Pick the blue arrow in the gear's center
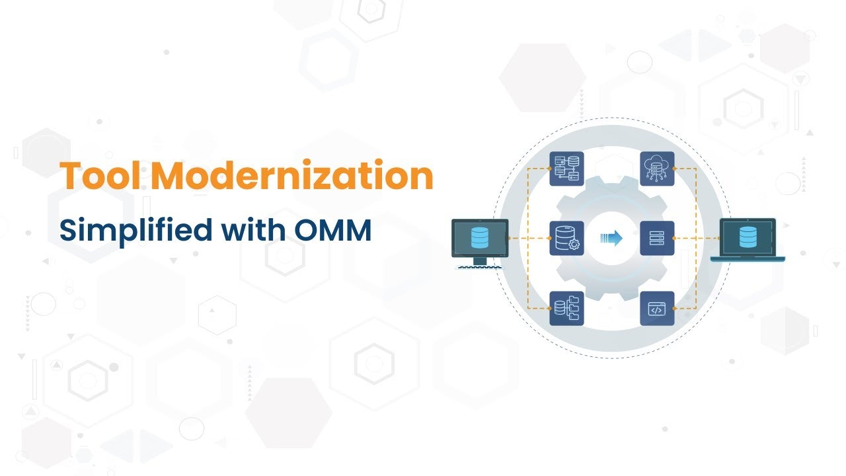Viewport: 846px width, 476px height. point(612,239)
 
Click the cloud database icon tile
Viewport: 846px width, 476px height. point(657,169)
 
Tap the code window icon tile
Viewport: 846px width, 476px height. point(657,308)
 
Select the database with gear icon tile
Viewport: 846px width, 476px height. point(566,239)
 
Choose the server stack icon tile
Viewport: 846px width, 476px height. point(657,239)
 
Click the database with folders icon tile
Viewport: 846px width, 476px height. point(566,308)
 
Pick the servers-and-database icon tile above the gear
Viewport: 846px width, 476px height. point(566,169)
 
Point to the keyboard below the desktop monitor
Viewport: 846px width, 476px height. point(480,268)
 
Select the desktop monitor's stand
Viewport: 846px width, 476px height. point(480,260)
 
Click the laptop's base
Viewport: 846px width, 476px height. point(748,258)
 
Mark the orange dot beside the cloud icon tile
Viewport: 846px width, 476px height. point(675,169)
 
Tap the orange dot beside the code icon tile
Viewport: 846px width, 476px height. point(675,308)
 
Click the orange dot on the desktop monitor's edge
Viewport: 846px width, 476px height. point(508,239)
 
